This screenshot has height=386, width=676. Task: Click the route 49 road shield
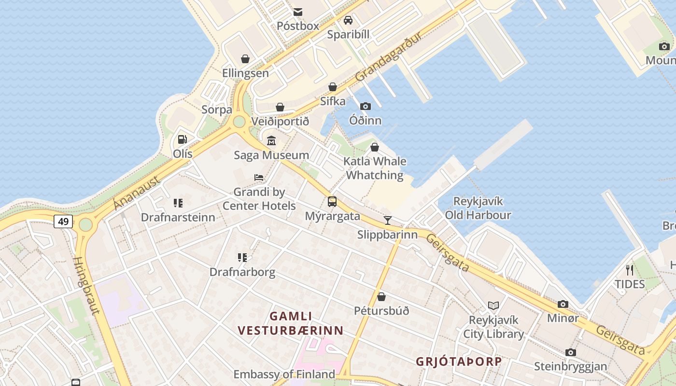coord(63,221)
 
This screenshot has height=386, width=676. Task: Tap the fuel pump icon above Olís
coord(183,139)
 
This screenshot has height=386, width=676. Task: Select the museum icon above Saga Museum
coord(271,141)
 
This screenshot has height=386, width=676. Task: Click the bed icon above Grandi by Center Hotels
coord(259,178)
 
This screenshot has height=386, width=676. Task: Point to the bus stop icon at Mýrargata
coord(332,202)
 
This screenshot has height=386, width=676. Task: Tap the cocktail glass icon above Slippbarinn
coord(387,221)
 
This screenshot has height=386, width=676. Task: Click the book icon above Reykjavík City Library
coord(493,305)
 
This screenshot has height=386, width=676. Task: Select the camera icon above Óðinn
coord(366,106)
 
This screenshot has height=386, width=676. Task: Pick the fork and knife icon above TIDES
coord(629,270)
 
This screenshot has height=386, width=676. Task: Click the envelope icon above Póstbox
coord(298,12)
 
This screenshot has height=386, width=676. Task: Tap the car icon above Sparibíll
coord(348,20)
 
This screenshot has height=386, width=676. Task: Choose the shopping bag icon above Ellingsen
coord(245,59)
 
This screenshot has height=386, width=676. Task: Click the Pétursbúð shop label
coord(381,311)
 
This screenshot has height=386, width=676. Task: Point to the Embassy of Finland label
coord(284,374)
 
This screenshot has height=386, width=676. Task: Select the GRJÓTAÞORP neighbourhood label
coord(459,361)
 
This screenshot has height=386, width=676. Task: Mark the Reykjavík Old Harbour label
coord(478,208)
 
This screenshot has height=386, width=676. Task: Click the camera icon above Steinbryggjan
coord(571,352)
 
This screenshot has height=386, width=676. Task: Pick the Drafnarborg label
coord(242,272)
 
